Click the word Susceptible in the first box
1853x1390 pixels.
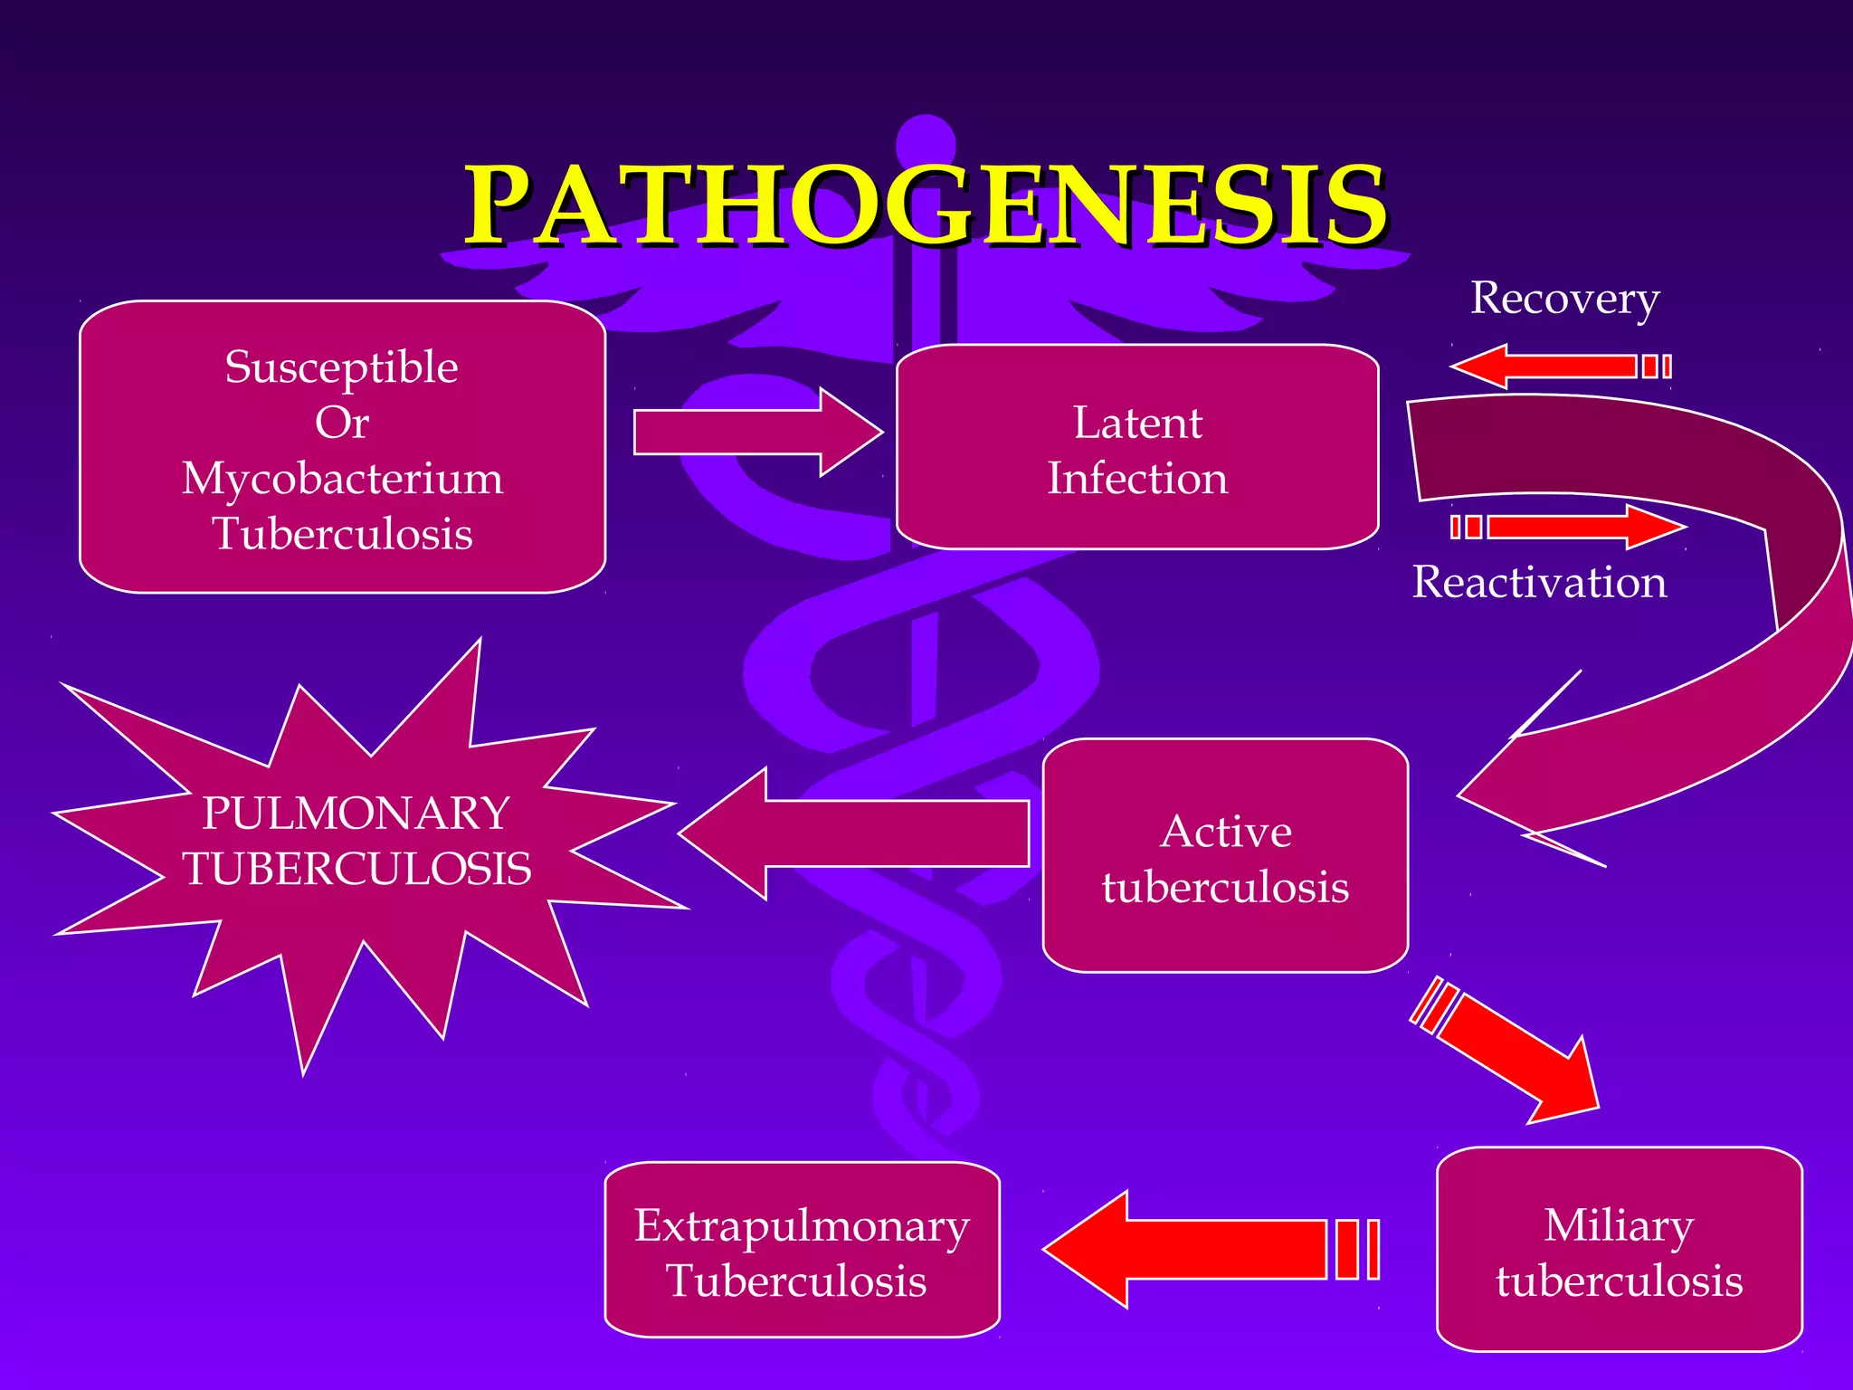point(341,367)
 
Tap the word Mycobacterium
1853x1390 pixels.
point(342,478)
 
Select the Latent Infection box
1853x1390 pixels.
point(1137,447)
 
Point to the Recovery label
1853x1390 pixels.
point(1564,298)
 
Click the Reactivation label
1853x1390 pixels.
point(1539,582)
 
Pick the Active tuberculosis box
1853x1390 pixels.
point(1225,856)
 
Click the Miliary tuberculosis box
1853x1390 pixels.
point(1619,1250)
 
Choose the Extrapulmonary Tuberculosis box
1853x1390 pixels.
point(802,1250)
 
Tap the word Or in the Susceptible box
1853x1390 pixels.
point(341,423)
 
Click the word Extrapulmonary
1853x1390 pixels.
point(802,1226)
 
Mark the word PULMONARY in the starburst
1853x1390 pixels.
point(356,814)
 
